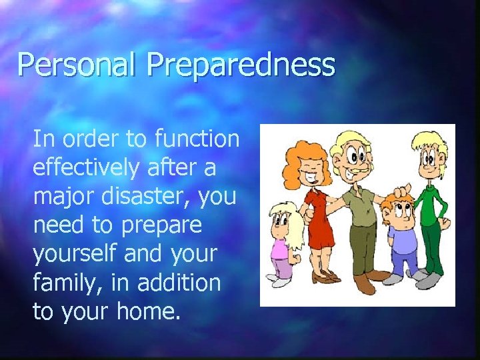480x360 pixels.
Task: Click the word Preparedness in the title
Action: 241,65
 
